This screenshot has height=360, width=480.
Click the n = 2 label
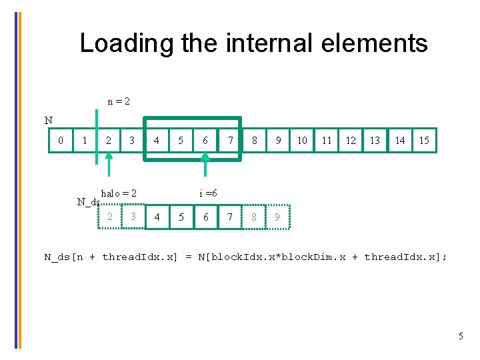[x=119, y=101]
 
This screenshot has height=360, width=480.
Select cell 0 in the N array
[x=61, y=141]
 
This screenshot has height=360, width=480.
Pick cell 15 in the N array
[x=423, y=141]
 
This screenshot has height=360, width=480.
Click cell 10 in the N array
[x=302, y=141]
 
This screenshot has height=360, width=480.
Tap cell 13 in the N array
[x=375, y=141]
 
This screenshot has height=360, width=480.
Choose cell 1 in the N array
[x=84, y=141]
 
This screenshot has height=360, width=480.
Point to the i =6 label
[x=208, y=193]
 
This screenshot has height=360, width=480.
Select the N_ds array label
[x=88, y=202]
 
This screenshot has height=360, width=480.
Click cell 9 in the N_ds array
[x=277, y=217]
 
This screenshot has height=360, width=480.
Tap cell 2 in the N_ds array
[x=110, y=216]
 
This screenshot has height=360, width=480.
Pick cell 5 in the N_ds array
[x=181, y=217]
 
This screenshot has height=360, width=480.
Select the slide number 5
[x=460, y=336]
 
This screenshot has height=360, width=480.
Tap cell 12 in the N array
[x=351, y=141]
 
